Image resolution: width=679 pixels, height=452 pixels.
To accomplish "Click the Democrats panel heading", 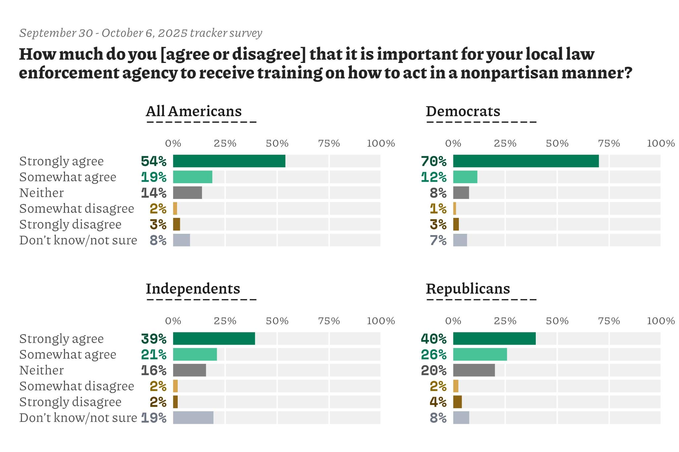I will point(463,111).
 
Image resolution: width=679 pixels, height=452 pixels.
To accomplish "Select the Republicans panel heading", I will point(468,289).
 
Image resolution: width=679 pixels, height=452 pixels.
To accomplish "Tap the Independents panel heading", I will point(193,289).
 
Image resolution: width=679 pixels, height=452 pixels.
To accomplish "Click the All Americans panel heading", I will point(194,111).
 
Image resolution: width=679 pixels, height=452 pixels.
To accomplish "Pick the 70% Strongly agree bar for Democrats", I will point(526,161).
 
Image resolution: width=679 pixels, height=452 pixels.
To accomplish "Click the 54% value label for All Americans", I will point(154,161).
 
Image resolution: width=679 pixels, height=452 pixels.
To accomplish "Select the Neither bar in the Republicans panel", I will point(474,370).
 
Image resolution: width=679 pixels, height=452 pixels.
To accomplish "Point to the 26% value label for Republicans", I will point(434,355).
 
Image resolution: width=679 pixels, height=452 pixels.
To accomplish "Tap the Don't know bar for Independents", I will point(193,418).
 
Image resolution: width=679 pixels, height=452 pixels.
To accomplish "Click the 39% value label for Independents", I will point(154,339).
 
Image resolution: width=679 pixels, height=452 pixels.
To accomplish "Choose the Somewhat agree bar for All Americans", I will point(193,177).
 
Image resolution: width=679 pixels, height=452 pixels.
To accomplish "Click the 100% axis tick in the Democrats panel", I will point(661,143).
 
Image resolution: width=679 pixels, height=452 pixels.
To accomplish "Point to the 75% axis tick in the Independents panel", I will point(329,321).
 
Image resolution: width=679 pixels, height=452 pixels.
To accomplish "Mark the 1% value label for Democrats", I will point(438,209).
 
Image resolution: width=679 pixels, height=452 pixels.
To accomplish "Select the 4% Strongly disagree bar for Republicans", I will point(458,402).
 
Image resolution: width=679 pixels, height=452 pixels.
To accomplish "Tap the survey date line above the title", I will point(141,33).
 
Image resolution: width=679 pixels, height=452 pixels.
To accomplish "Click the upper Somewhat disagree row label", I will point(77,209).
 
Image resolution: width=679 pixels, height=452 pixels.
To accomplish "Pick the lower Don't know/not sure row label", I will point(78,418).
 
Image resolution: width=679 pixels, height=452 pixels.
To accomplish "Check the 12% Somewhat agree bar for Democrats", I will point(465,177).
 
